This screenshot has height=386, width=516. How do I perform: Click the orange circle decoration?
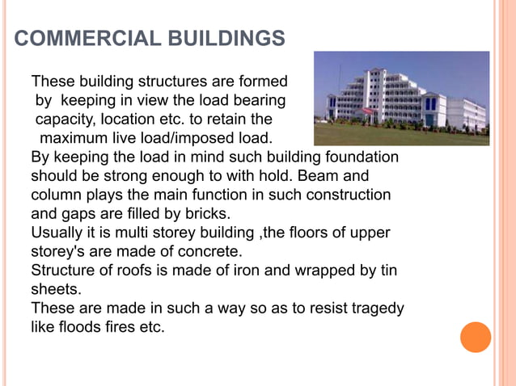476,337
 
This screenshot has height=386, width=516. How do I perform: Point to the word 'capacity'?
61,120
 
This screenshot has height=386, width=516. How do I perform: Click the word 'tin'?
388,271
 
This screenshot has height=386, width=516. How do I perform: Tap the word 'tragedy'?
376,308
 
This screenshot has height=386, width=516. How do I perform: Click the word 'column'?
57,195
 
